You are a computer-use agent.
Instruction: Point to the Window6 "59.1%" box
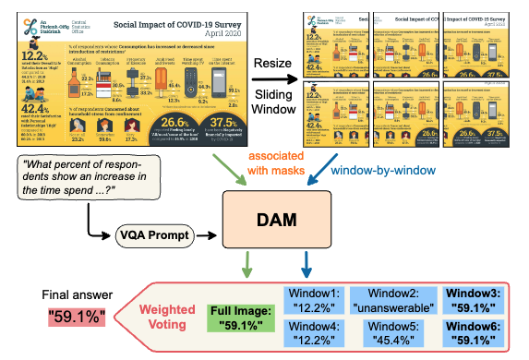[476, 334]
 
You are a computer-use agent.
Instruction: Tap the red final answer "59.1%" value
[78, 319]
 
